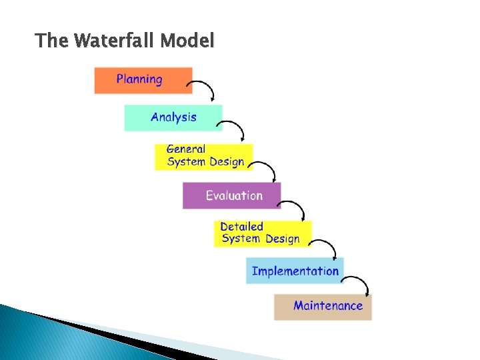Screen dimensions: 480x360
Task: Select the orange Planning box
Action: pos(143,80)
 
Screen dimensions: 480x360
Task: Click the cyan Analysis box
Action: pos(173,117)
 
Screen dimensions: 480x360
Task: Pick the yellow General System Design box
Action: pos(203,156)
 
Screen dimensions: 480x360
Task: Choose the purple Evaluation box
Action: pos(231,195)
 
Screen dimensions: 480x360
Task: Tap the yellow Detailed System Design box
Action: pos(262,233)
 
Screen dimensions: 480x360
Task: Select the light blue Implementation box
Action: pos(295,271)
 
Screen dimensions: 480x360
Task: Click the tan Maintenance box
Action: pos(323,307)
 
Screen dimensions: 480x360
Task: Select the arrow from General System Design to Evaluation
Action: pos(265,167)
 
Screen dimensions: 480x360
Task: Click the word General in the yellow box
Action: pos(186,149)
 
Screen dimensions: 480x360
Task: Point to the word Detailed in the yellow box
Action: pos(241,227)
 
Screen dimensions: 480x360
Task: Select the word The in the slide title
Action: pos(51,41)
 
